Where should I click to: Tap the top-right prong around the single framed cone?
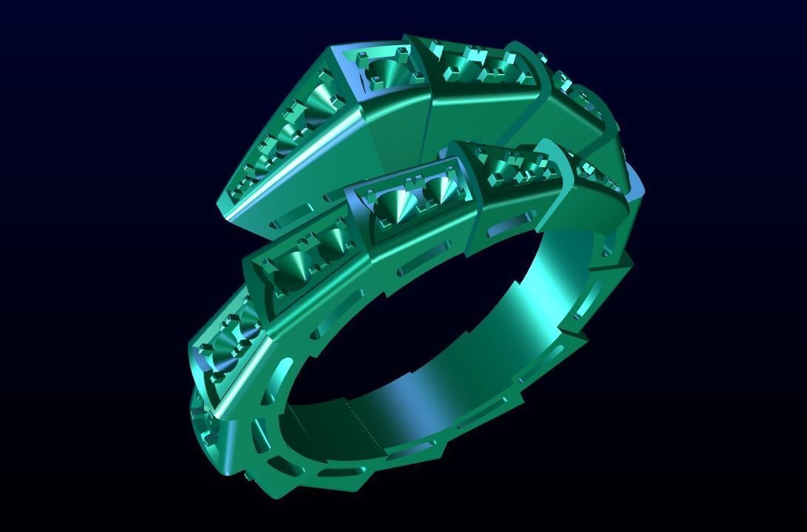coord(403,52)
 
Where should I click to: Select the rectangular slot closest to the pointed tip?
coord(290,221)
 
